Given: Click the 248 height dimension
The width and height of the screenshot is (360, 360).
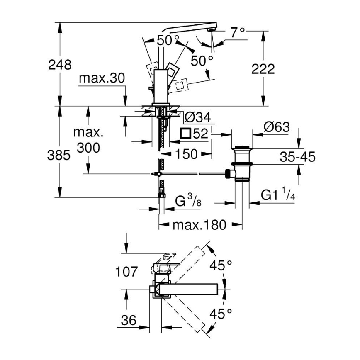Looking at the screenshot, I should tap(60, 65).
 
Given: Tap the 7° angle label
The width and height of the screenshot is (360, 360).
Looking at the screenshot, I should tap(238, 32).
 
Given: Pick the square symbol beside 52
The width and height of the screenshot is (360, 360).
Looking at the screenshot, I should tap(185, 134).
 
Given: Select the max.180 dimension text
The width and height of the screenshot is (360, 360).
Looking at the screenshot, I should tap(199, 225).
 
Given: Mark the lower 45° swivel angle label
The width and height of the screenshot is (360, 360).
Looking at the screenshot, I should tap(220, 314).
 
